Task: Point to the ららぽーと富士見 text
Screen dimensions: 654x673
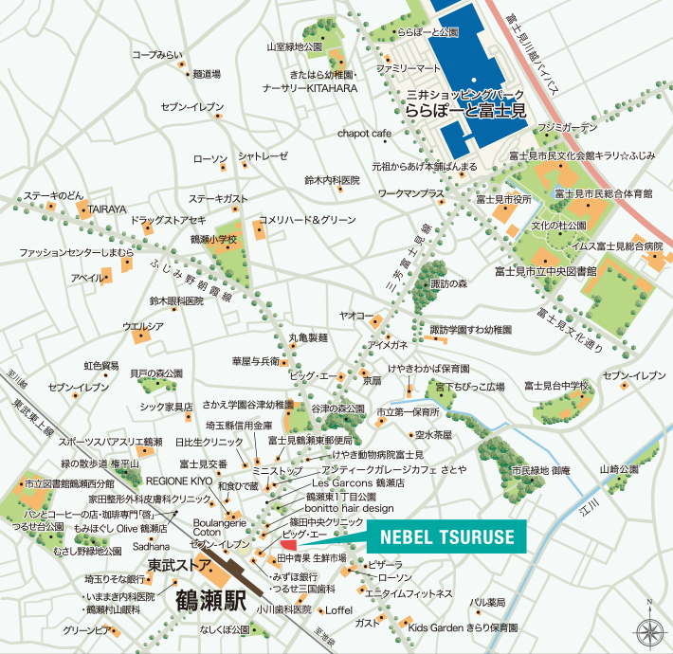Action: point(465,111)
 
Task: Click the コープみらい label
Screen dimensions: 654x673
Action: point(157,55)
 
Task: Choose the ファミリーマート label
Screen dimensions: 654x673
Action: point(409,69)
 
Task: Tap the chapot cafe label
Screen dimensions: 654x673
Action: point(364,134)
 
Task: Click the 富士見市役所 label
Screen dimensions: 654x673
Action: point(503,200)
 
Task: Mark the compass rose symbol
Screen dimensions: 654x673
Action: point(649,629)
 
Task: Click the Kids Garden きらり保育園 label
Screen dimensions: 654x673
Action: point(463,628)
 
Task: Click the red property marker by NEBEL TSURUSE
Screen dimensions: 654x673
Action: point(289,545)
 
